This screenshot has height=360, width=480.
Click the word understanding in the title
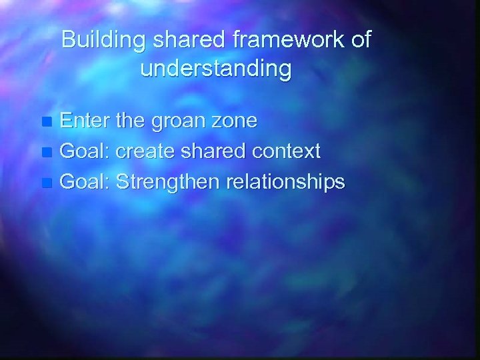pos(216,69)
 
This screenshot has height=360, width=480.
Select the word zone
pos(236,123)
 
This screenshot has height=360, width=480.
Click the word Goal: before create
pos(85,151)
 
